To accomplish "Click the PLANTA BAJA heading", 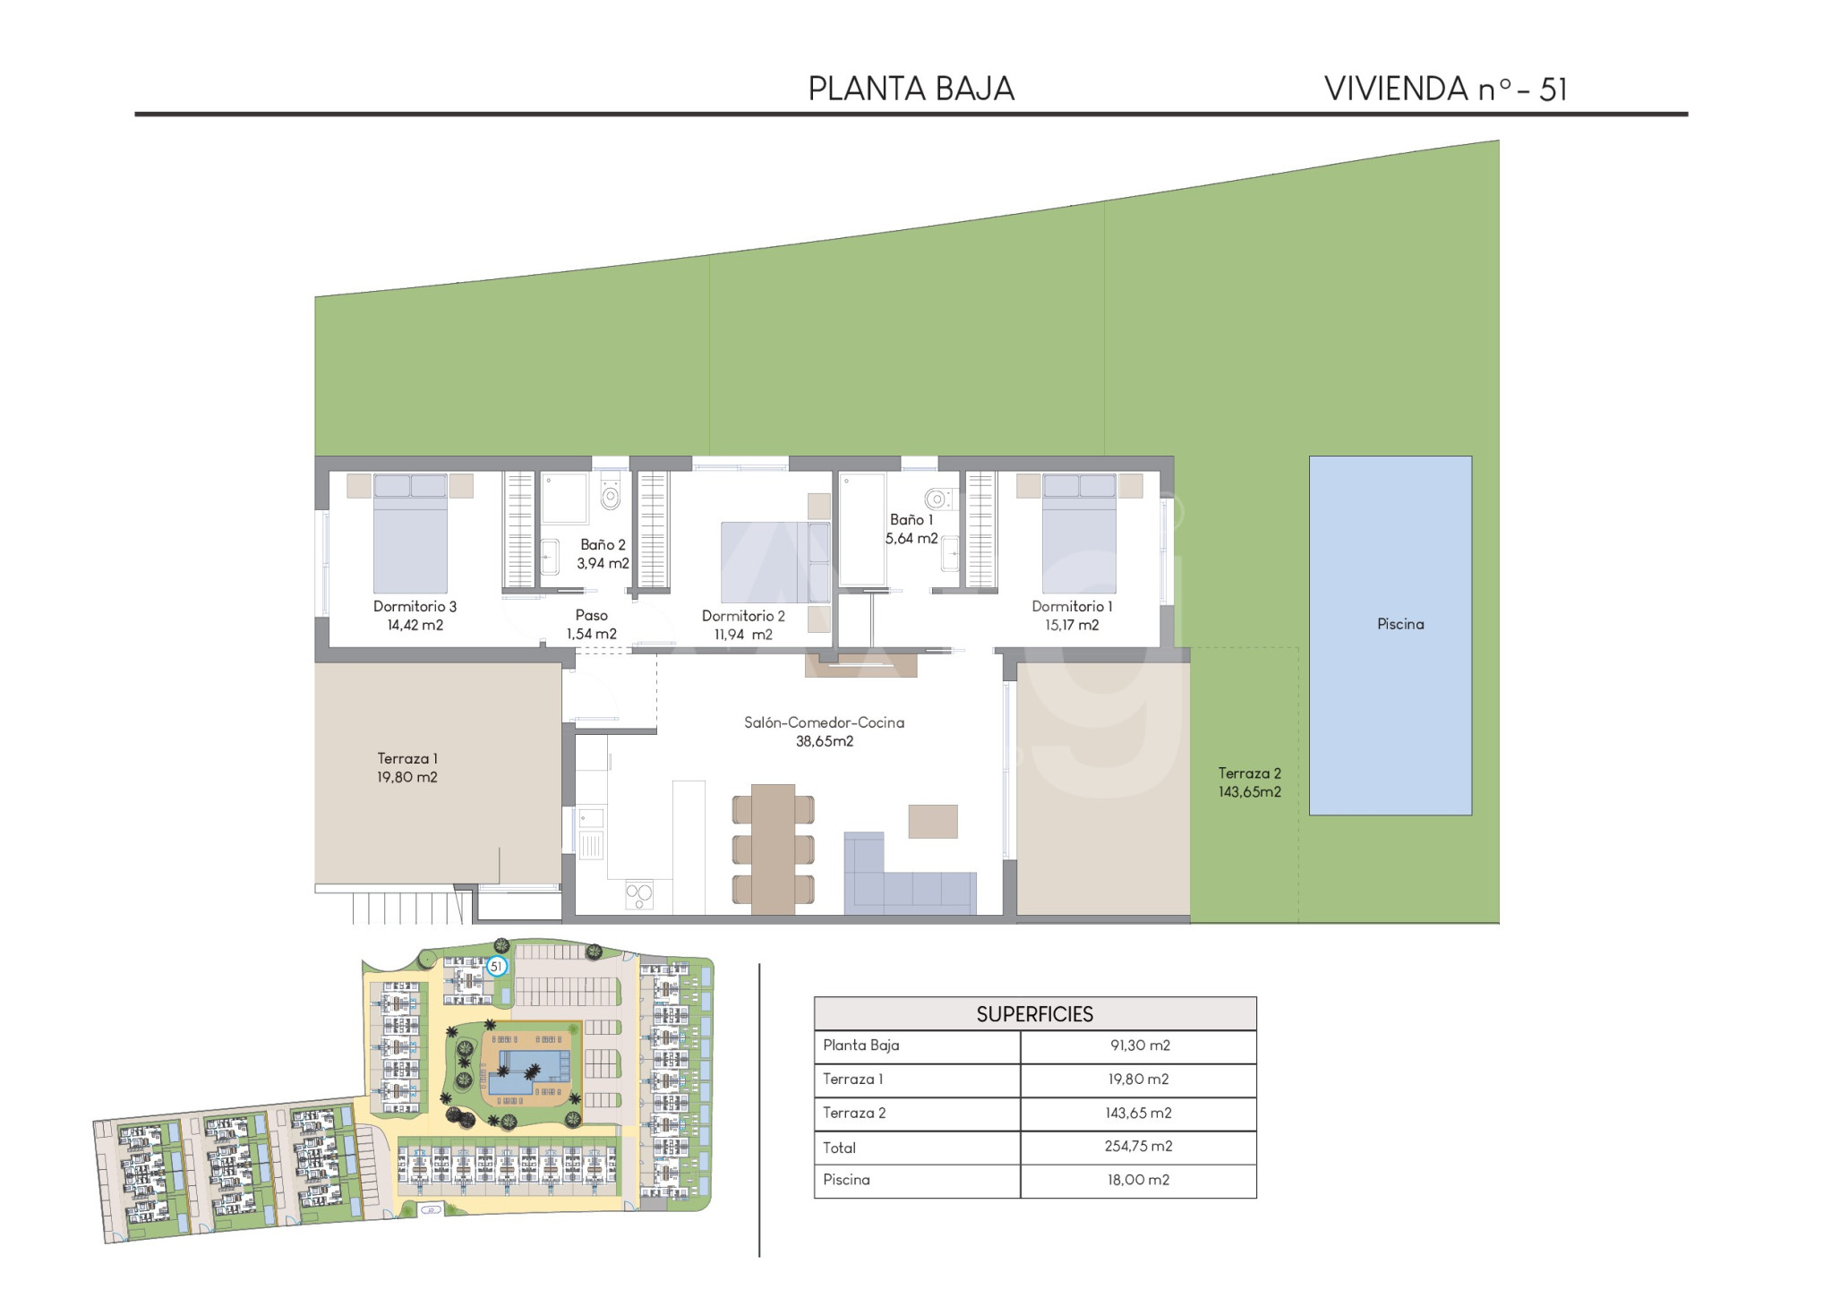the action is tap(911, 89).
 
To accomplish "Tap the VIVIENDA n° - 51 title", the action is tap(1445, 89).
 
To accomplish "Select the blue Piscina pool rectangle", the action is tap(1390, 636).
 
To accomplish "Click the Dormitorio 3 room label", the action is tap(415, 606).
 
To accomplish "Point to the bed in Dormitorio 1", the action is tap(1079, 533).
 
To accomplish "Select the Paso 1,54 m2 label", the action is tap(591, 625).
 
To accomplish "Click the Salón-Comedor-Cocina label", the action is tap(824, 722).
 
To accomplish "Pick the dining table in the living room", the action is tap(774, 849).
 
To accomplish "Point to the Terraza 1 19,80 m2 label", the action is tap(407, 768).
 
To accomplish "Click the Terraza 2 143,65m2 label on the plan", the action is tap(1250, 782).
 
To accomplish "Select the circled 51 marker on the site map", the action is tap(497, 967).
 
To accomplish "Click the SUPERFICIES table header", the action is tap(1034, 1014).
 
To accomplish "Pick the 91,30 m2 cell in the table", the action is tap(1139, 1046).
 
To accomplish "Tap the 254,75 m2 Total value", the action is tap(1138, 1147).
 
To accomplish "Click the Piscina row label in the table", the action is tap(846, 1180).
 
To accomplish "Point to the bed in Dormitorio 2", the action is tap(776, 562).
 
